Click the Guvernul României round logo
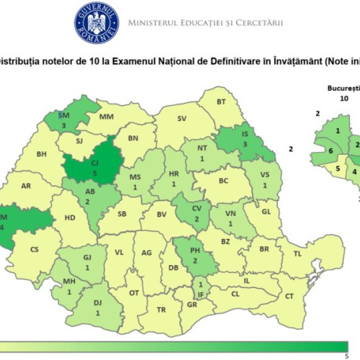96,22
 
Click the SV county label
182,117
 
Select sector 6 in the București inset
330,151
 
